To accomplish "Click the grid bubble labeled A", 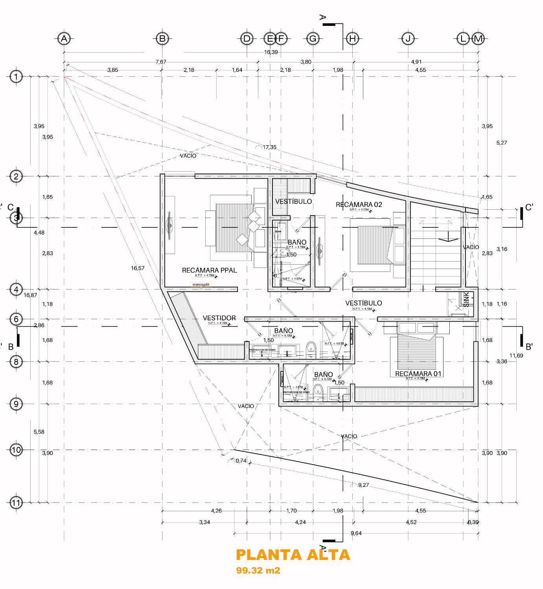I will [x=64, y=38].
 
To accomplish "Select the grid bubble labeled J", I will [x=408, y=38].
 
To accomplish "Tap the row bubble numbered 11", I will [x=16, y=502].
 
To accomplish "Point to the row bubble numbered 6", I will [x=16, y=319].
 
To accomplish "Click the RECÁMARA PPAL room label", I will [x=209, y=270].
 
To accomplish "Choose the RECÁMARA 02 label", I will [x=359, y=205].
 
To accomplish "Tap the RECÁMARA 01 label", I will [x=418, y=373].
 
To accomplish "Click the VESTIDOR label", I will [x=219, y=318].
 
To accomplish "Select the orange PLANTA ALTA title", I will [x=293, y=554].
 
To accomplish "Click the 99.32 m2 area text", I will [x=258, y=570].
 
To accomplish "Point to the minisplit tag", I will [x=201, y=284].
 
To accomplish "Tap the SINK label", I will [x=466, y=299].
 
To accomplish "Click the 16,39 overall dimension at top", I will [x=271, y=52].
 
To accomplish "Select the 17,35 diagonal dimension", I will [x=269, y=147].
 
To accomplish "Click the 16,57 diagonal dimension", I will [x=138, y=268].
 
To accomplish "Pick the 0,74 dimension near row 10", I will [x=241, y=461].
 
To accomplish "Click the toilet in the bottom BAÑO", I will [x=319, y=391].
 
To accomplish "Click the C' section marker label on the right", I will [x=529, y=207].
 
